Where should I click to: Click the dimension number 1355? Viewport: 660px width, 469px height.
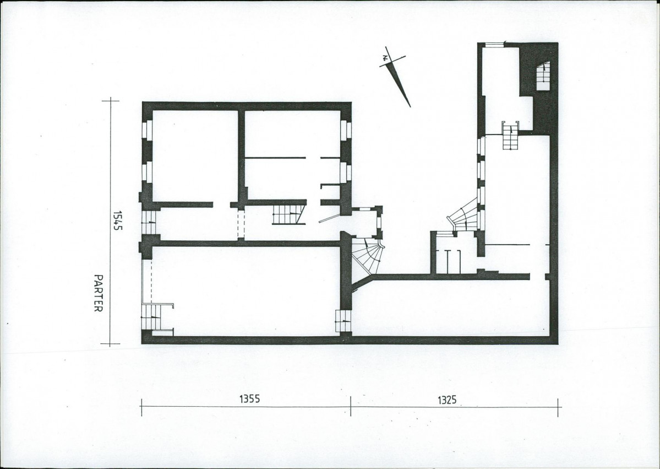coord(249,398)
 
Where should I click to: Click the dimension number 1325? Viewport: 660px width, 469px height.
coord(447,400)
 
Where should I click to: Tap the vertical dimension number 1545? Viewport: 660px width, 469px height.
coord(117,221)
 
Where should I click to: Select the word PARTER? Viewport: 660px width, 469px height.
coord(98,293)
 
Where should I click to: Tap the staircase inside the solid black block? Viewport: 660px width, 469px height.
coord(543,76)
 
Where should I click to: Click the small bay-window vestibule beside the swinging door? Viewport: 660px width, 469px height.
coord(367,222)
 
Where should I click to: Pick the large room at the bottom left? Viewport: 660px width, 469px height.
coord(246,291)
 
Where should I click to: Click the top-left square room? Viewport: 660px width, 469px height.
coord(195,156)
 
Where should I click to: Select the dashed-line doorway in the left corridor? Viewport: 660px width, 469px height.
coord(241,225)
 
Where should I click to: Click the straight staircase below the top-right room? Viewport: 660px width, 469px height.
coord(511,135)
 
